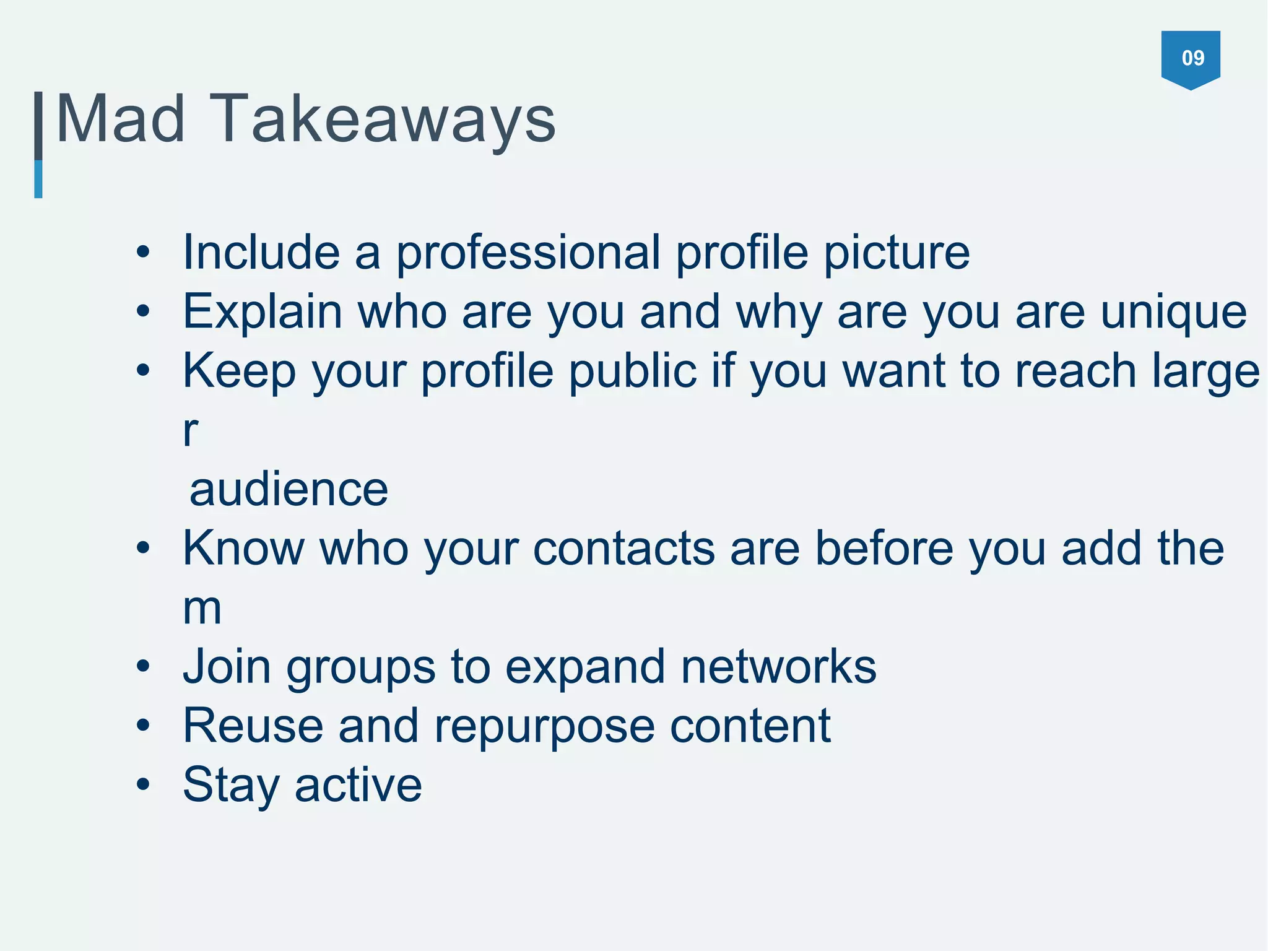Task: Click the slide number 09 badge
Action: (x=1191, y=58)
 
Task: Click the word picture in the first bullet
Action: (x=897, y=254)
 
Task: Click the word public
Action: (x=632, y=371)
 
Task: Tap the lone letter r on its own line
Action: (x=191, y=431)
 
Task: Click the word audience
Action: (x=289, y=489)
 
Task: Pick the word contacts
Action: (x=623, y=549)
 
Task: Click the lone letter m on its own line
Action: (x=202, y=609)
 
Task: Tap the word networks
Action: (x=778, y=667)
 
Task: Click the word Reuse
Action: (x=253, y=726)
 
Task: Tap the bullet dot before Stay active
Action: (x=144, y=785)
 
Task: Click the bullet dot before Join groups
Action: (x=144, y=667)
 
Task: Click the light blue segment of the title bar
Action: (x=38, y=179)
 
